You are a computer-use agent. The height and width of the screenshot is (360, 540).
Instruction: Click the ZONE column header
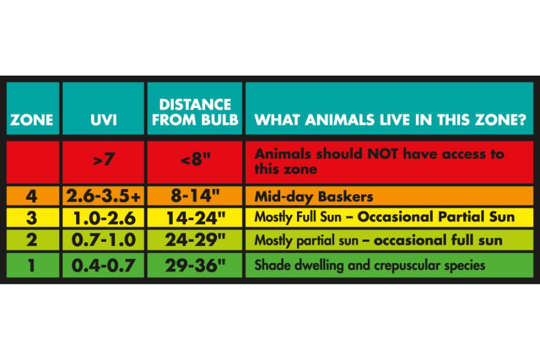(32, 120)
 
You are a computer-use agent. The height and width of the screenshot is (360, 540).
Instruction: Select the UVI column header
(103, 120)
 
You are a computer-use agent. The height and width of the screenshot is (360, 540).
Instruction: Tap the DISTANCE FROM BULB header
(195, 112)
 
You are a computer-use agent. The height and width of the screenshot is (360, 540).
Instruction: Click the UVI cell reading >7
(103, 159)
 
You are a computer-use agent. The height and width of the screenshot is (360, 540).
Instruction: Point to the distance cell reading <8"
(195, 159)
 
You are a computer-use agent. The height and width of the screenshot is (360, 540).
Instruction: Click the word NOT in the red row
(382, 154)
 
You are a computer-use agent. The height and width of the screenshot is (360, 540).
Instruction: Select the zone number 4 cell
(31, 196)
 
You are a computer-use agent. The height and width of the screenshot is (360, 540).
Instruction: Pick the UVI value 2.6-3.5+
(103, 196)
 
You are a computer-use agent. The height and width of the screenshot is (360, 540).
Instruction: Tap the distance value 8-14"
(195, 196)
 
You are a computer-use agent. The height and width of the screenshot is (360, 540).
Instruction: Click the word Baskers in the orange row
(346, 197)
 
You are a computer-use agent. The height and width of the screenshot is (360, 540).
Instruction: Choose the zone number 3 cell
(31, 218)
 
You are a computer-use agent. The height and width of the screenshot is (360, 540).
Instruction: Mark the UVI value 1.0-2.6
(104, 218)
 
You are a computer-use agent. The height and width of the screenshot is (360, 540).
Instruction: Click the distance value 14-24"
(196, 218)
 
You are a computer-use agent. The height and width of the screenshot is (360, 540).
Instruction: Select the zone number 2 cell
(31, 240)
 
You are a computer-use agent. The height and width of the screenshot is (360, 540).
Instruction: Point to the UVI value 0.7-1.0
(103, 240)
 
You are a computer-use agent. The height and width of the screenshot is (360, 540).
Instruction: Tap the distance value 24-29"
(196, 239)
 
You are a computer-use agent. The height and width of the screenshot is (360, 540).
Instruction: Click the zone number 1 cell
(31, 266)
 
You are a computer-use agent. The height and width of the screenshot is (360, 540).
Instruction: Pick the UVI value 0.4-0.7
(103, 266)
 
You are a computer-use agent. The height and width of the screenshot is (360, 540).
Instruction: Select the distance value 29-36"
(196, 265)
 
